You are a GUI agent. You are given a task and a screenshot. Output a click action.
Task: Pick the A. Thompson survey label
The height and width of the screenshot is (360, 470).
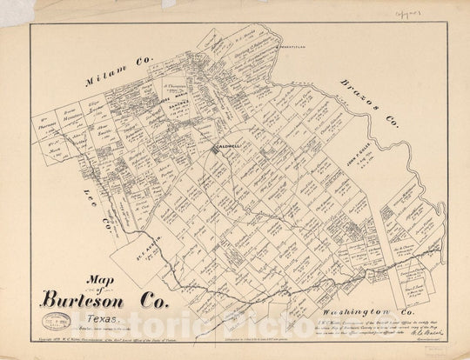tap(176, 89)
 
